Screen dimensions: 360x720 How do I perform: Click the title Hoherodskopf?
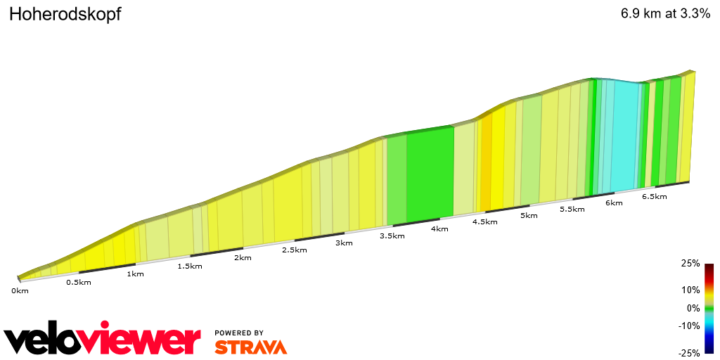[65, 15]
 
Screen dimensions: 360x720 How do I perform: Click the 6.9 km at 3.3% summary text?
[665, 14]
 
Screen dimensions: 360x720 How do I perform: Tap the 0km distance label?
[20, 290]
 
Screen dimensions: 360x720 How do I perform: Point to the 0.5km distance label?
[78, 283]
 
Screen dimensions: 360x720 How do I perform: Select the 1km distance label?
[135, 274]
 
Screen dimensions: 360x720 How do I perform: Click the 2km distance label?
[243, 257]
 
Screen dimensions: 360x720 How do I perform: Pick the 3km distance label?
[344, 243]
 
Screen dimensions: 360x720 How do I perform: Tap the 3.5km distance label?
[392, 236]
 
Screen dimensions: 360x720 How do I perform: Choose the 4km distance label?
[439, 229]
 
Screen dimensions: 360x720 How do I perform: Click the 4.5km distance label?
[484, 221]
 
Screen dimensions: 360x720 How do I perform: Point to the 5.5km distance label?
[572, 210]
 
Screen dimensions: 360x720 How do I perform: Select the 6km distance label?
[614, 203]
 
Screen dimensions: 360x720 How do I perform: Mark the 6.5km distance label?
[654, 197]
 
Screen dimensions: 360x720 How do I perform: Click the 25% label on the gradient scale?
[690, 264]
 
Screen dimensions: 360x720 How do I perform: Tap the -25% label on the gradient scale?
[689, 353]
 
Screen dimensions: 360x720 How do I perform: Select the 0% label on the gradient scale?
[693, 308]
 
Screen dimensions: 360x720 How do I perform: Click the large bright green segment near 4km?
[430, 172]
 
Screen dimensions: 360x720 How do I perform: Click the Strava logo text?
[250, 347]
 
